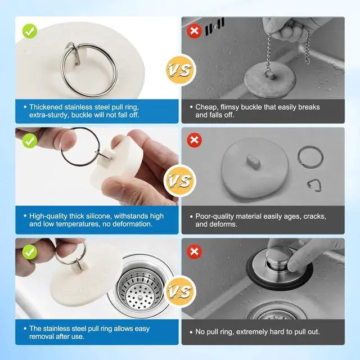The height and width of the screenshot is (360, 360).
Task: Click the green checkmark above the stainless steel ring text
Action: tap(30, 31)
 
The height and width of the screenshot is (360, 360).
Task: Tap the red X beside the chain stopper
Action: tap(194, 31)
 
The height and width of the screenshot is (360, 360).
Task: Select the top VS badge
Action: tap(180, 70)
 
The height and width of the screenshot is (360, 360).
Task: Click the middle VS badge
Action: tap(180, 181)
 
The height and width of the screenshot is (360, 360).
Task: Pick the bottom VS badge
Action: tap(180, 291)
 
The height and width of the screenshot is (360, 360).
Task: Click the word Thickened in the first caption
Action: tap(46, 107)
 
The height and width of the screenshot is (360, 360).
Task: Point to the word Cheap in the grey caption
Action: tap(206, 107)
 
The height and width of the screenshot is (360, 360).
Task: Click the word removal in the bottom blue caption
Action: tap(42, 336)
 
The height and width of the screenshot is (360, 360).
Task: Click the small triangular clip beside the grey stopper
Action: tap(314, 186)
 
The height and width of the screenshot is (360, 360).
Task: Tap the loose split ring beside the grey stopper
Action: tap(310, 157)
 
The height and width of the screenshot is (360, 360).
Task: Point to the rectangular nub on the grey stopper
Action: tap(253, 161)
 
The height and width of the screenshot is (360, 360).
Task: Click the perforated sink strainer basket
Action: tap(140, 289)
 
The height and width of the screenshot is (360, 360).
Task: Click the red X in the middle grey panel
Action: tap(194, 140)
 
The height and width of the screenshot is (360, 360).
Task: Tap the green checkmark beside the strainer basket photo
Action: tap(30, 252)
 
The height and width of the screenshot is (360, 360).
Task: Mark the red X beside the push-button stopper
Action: tap(194, 252)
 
